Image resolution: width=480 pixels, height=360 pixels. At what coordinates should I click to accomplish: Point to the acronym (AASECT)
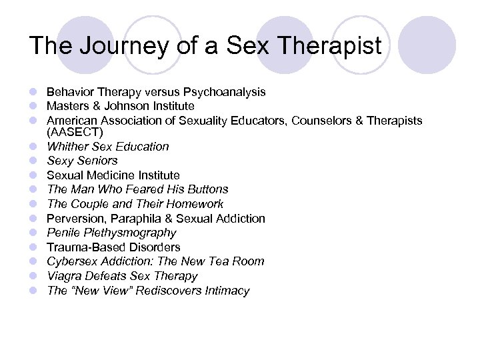pos(75,133)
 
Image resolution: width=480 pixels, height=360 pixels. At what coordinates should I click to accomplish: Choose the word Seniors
pos(96,161)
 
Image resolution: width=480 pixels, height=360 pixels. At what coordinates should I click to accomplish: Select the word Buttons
pos(206,189)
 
